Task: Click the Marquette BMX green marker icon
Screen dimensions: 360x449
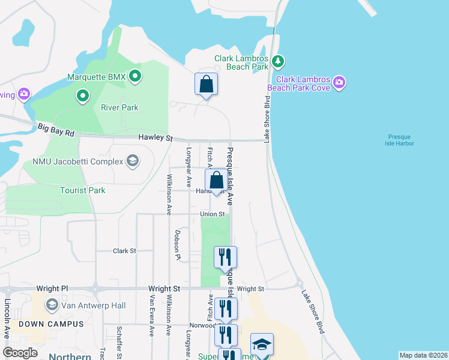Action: pyautogui.click(x=135, y=76)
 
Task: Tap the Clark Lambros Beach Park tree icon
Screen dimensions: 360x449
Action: pyautogui.click(x=277, y=61)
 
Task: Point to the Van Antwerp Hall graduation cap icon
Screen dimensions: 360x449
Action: pyautogui.click(x=52, y=305)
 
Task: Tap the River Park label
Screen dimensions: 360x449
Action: pyautogui.click(x=119, y=108)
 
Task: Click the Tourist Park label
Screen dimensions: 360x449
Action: pyautogui.click(x=83, y=190)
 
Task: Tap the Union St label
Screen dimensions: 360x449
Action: pyautogui.click(x=212, y=214)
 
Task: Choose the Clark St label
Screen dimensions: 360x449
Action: pyautogui.click(x=125, y=251)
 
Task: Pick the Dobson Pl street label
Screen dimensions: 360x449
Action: pyautogui.click(x=178, y=245)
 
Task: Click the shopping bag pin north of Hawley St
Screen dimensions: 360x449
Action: pyautogui.click(x=206, y=85)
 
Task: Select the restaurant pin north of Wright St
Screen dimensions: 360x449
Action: pyautogui.click(x=225, y=257)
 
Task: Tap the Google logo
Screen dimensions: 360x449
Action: pyautogui.click(x=20, y=353)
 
